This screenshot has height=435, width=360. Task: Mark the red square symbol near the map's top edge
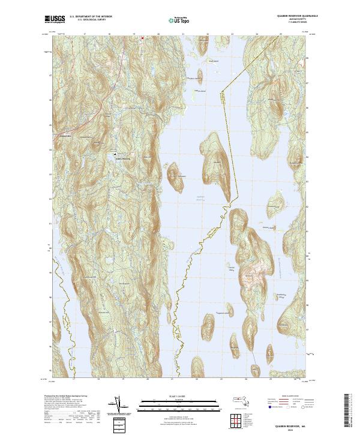point(142,38)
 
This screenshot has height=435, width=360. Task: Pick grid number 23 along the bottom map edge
point(221,379)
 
